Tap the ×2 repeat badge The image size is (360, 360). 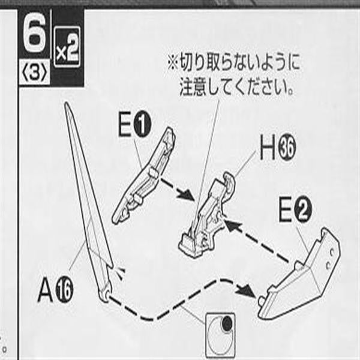click(x=67, y=47)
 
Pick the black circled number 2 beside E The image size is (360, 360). click(x=303, y=210)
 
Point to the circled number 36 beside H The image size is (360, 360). click(x=287, y=148)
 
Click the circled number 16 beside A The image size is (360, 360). click(x=65, y=290)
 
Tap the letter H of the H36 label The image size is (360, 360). click(x=268, y=147)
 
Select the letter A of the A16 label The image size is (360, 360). click(x=46, y=290)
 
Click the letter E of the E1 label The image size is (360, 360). click(x=125, y=125)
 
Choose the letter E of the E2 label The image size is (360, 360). click(x=286, y=210)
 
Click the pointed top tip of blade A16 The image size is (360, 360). click(x=67, y=103)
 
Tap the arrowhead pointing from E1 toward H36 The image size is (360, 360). click(x=187, y=196)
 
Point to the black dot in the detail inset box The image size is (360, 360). click(x=227, y=323)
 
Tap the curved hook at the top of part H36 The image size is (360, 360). click(x=230, y=181)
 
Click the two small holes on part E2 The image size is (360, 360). click(x=331, y=259)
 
